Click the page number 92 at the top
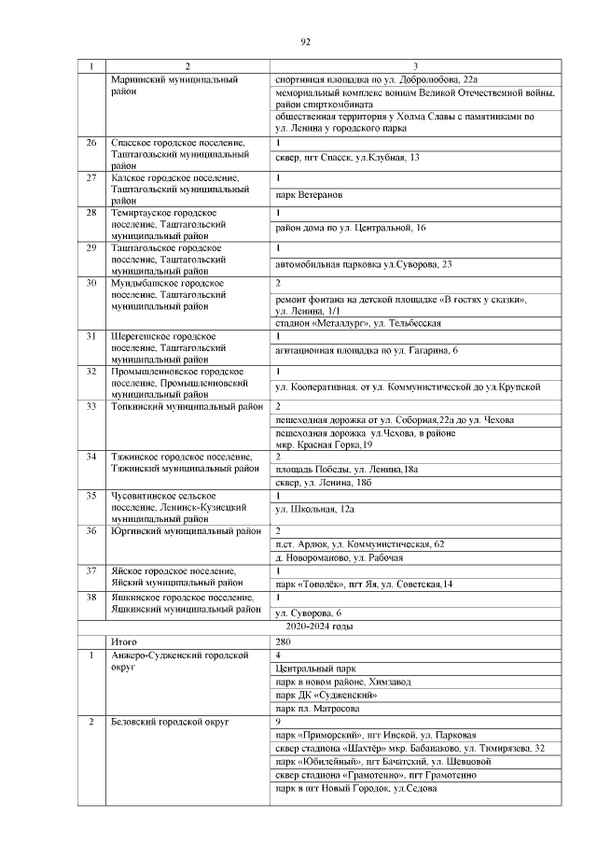point(305,42)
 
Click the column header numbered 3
point(415,66)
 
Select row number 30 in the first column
point(91,282)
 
